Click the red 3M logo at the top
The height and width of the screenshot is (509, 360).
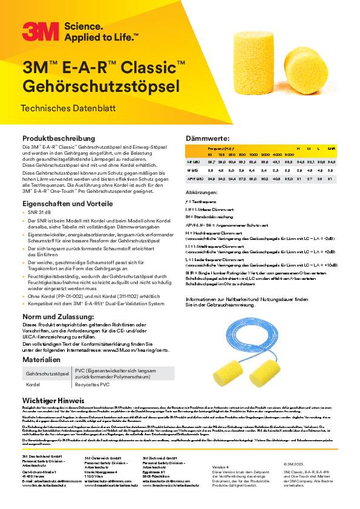point(40,31)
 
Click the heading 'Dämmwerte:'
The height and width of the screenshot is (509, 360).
point(207,139)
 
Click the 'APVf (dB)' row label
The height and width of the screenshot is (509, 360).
point(195,179)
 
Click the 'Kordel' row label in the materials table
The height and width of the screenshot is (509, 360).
point(33,384)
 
